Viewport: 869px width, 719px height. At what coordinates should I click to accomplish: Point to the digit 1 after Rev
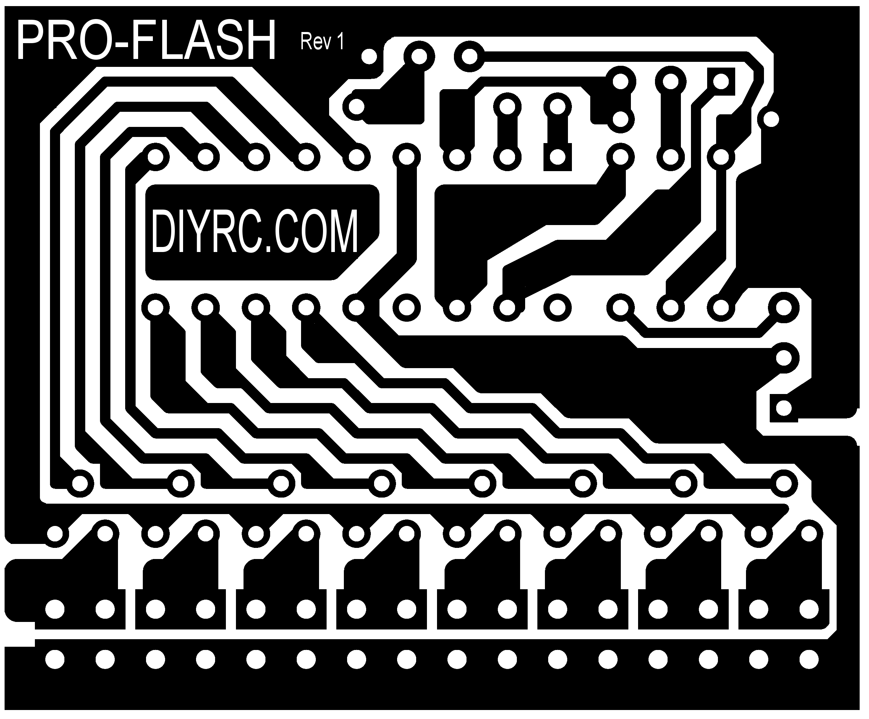(341, 41)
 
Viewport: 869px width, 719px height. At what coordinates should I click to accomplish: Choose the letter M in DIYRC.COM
(341, 231)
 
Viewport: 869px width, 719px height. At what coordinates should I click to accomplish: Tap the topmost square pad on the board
(721, 82)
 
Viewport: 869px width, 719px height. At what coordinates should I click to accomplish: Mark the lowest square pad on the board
(783, 409)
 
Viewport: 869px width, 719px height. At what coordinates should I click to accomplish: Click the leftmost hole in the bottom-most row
(55, 659)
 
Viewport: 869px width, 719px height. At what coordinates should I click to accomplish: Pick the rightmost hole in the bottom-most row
(809, 659)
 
